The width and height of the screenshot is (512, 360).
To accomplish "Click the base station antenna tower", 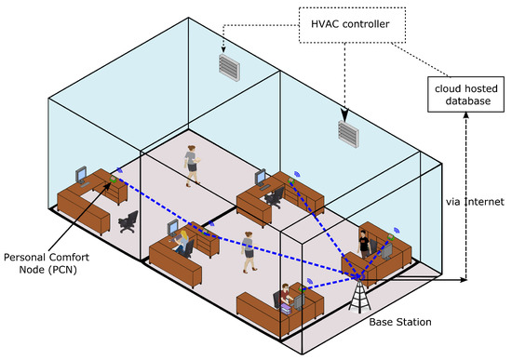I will (x=357, y=292).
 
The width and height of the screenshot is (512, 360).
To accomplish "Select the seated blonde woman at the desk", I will (x=182, y=245).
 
